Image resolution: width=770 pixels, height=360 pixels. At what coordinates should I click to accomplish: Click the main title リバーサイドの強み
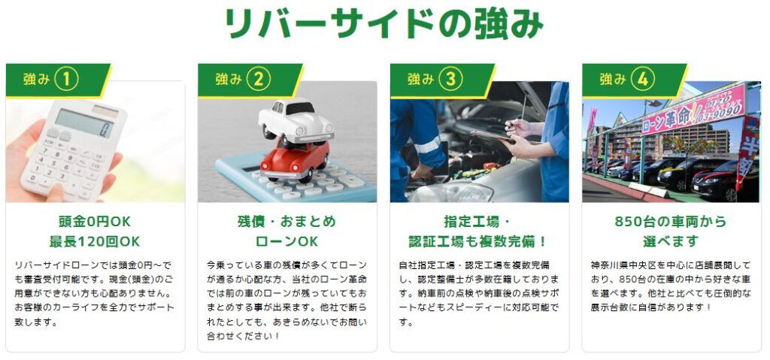pyautogui.click(x=384, y=23)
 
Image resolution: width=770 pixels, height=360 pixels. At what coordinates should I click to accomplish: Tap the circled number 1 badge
pyautogui.click(x=66, y=79)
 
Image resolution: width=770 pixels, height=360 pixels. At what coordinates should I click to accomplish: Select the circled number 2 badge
pyautogui.click(x=259, y=79)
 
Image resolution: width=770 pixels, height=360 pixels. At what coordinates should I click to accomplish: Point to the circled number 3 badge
pyautogui.click(x=451, y=79)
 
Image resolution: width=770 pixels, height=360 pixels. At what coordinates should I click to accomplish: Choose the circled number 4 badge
pyautogui.click(x=643, y=79)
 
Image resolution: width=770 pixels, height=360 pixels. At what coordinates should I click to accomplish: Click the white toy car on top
pyautogui.click(x=296, y=121)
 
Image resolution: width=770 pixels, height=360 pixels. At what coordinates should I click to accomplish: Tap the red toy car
pyautogui.click(x=294, y=160)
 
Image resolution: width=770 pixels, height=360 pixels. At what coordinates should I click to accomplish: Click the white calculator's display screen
pyautogui.click(x=84, y=123)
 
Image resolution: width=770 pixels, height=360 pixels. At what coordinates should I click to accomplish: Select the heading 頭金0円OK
pyautogui.click(x=95, y=222)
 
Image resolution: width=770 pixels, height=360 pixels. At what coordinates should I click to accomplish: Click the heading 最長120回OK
pyautogui.click(x=95, y=242)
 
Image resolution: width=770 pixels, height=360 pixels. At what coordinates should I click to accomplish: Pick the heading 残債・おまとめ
pyautogui.click(x=286, y=222)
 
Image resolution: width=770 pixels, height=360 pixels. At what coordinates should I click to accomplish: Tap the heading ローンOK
pyautogui.click(x=286, y=242)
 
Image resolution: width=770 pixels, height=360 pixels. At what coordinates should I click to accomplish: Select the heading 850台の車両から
pyautogui.click(x=671, y=222)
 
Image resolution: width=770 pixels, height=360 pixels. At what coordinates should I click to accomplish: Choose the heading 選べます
pyautogui.click(x=671, y=242)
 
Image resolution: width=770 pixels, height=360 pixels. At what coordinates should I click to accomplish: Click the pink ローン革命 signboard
pyautogui.click(x=693, y=110)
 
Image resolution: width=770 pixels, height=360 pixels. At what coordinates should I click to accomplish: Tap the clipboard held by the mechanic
pyautogui.click(x=492, y=136)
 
